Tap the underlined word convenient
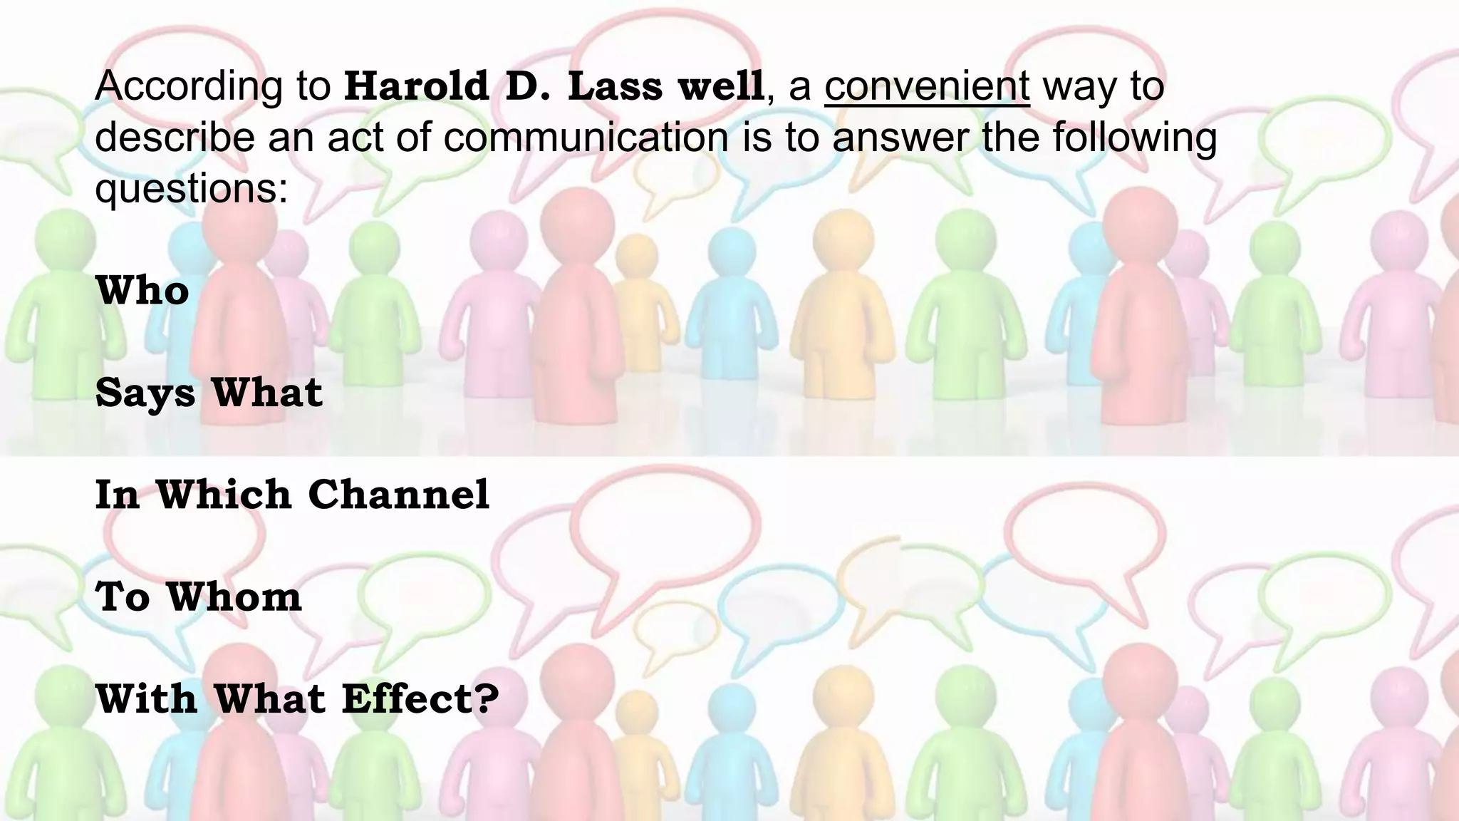click(927, 86)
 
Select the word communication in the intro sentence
click(586, 137)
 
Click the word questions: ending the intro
click(191, 188)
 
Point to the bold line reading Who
click(142, 291)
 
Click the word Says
click(145, 393)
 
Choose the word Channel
click(399, 494)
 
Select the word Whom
click(234, 597)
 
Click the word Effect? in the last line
click(420, 699)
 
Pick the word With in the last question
click(146, 699)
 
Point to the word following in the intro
click(1134, 137)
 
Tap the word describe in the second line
click(175, 137)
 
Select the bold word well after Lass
click(720, 86)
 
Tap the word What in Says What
click(267, 393)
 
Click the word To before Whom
click(122, 597)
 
